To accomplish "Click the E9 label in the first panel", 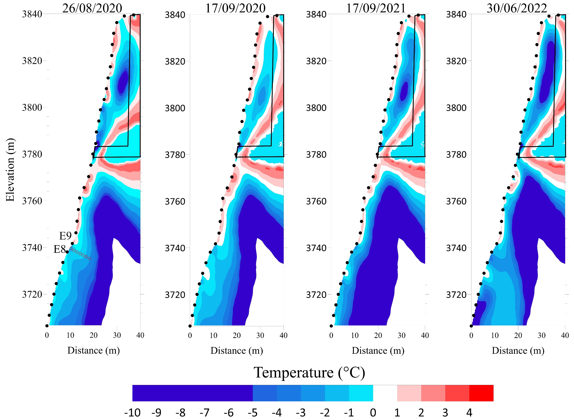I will (x=65, y=236).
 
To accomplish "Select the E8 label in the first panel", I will (x=60, y=249).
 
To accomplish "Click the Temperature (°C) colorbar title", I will (x=309, y=373).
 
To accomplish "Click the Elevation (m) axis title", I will (x=10, y=170).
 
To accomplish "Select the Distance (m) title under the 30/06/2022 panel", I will (x=518, y=351).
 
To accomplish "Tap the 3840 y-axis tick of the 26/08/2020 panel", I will (x=32, y=14).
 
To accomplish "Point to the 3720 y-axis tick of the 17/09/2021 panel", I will (x=316, y=295).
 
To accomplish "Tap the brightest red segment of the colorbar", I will (x=481, y=393).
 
